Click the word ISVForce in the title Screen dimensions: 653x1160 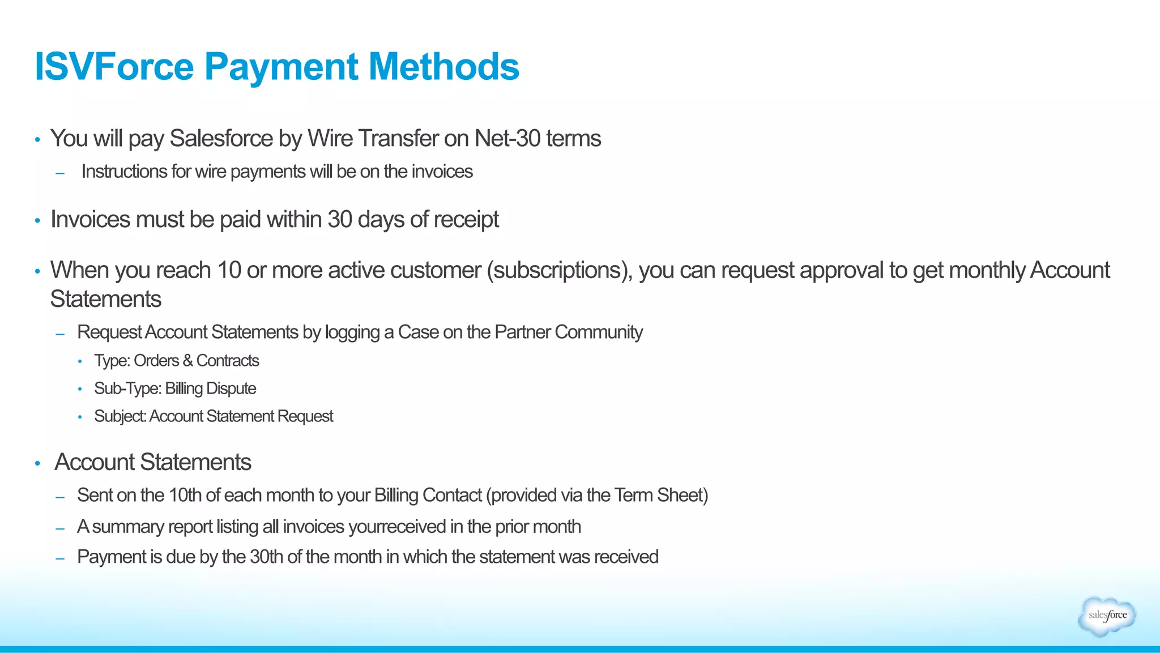click(x=114, y=67)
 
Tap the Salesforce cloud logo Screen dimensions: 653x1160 click(x=1107, y=616)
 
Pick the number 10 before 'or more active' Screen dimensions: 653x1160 click(x=229, y=270)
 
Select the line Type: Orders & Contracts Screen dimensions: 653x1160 click(x=176, y=361)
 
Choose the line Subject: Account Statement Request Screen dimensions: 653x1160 click(x=214, y=416)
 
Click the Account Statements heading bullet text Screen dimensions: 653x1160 click(x=153, y=462)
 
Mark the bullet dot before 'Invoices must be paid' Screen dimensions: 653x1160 click(x=37, y=220)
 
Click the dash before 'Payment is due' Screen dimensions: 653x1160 click(x=60, y=558)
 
